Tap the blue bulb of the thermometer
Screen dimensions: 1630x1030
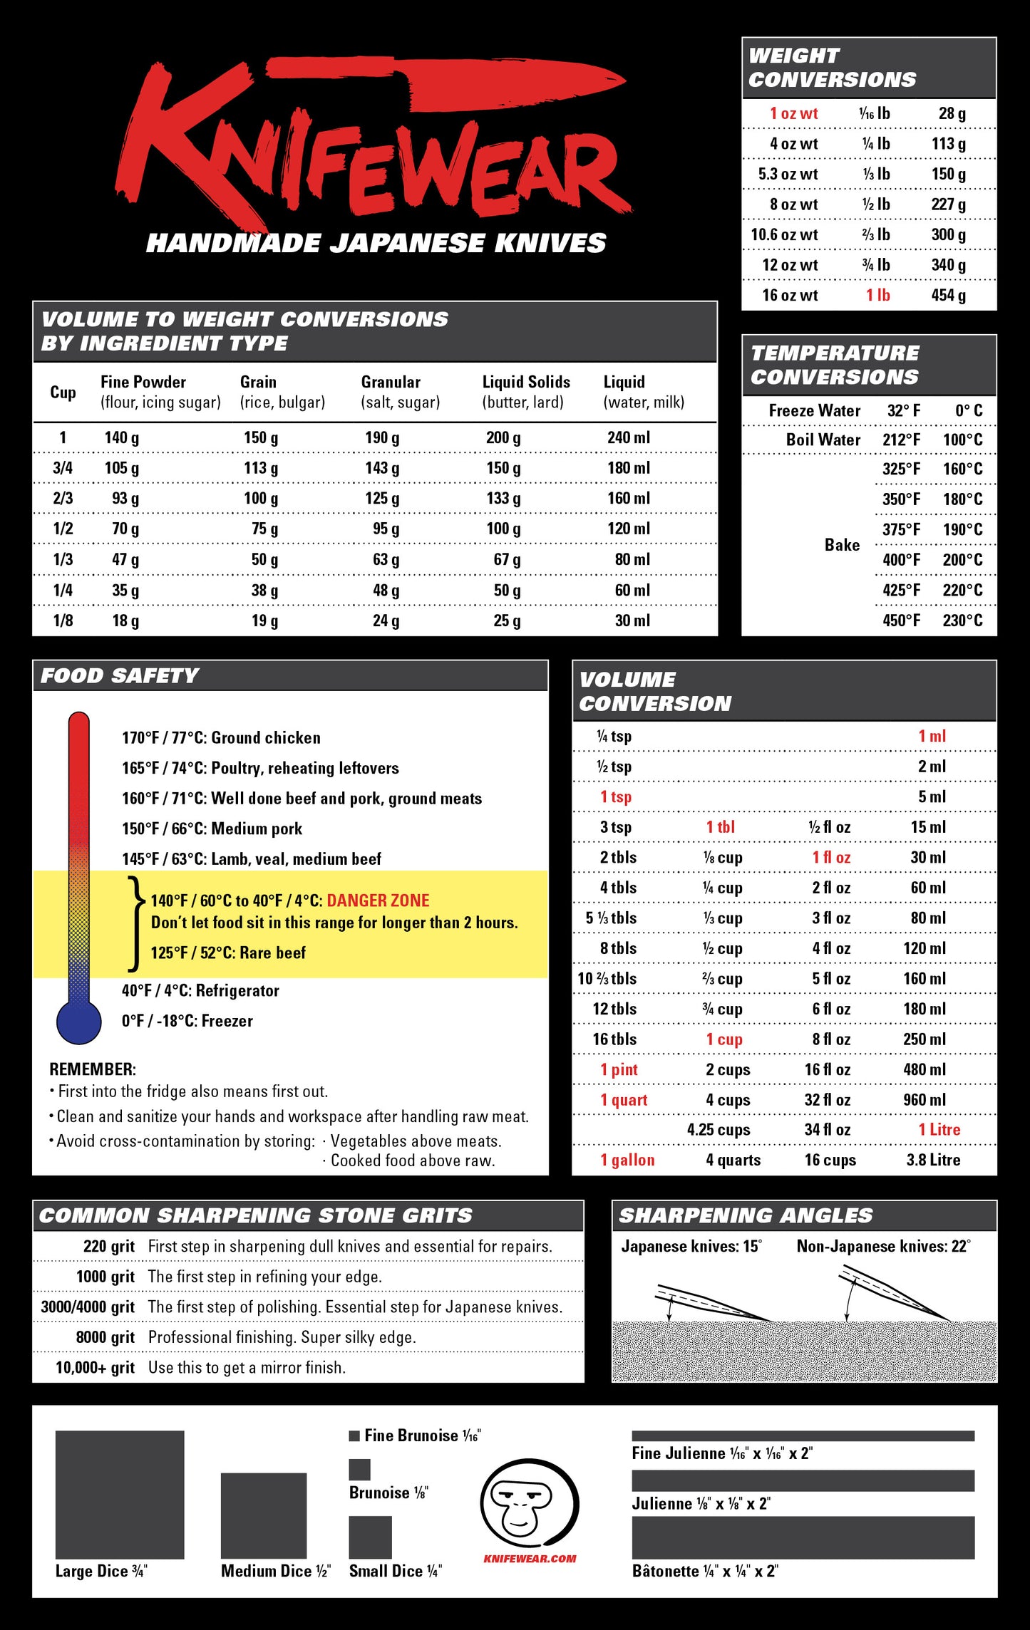point(79,1022)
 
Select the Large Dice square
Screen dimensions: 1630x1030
point(120,1494)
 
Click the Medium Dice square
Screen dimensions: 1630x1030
point(264,1515)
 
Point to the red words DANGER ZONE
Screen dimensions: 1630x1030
point(378,900)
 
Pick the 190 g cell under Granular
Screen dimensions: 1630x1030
point(382,437)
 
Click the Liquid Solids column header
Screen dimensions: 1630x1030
point(526,383)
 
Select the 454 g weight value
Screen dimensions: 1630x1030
point(948,295)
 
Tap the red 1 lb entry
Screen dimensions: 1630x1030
point(877,295)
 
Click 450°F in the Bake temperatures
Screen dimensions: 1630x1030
point(901,620)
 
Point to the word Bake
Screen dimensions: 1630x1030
point(842,545)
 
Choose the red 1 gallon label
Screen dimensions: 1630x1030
point(627,1160)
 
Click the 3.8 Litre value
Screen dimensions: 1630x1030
point(933,1160)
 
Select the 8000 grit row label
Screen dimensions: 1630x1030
point(105,1337)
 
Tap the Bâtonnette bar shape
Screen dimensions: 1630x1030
point(803,1537)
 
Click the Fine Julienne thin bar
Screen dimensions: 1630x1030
point(803,1436)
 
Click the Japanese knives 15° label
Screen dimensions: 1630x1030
point(691,1246)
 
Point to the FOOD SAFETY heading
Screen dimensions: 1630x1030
point(120,675)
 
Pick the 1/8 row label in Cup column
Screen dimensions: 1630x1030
point(63,621)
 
